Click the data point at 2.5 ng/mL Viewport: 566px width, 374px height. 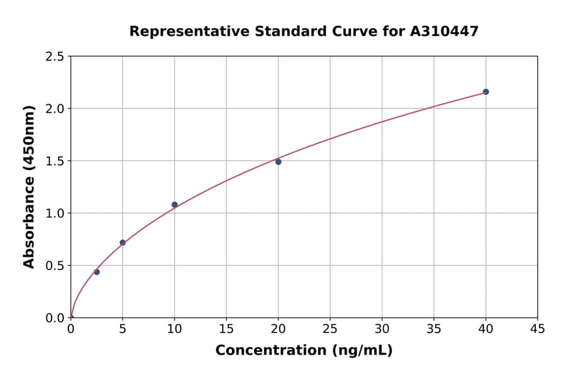click(97, 272)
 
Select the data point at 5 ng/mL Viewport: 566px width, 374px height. click(123, 242)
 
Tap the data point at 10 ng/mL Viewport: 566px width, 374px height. click(174, 205)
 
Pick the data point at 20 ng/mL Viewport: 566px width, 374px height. click(278, 162)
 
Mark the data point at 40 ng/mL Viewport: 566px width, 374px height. click(486, 92)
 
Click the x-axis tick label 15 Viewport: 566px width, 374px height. click(226, 329)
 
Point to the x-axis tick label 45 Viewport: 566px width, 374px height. click(538, 329)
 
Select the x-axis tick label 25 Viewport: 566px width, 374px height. click(330, 329)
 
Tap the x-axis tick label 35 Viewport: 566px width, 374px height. click(434, 329)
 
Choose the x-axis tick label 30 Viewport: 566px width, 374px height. click(382, 329)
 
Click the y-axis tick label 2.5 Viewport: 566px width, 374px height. click(55, 57)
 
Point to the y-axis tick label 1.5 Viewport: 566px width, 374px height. click(55, 161)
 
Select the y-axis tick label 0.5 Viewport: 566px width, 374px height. click(55, 266)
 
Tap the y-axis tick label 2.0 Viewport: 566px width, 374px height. click(55, 109)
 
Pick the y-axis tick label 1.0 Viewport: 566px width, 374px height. click(55, 213)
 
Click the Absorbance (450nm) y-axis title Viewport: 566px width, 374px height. click(29, 187)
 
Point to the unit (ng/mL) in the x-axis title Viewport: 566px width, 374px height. click(362, 351)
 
